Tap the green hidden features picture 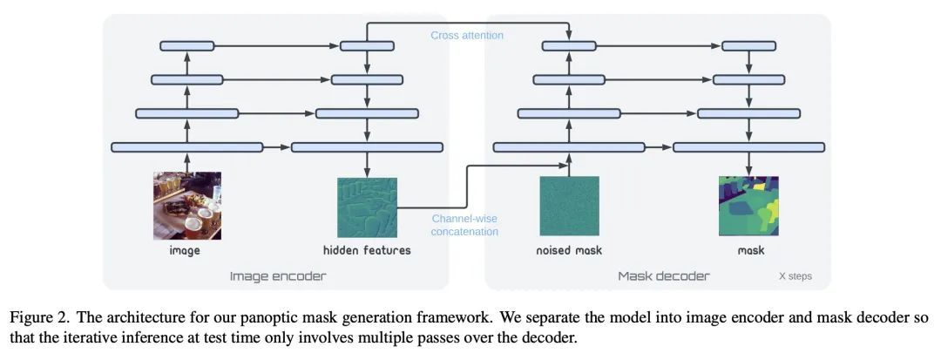[x=367, y=207]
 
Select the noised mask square [x=569, y=206]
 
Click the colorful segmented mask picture [x=749, y=206]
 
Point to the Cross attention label [x=467, y=35]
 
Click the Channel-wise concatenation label [x=465, y=225]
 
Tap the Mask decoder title [x=664, y=276]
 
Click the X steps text [x=795, y=276]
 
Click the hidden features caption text [x=367, y=250]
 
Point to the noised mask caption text [x=569, y=250]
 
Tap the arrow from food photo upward [x=186, y=162]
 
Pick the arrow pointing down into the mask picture [x=749, y=164]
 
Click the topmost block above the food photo [x=186, y=45]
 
